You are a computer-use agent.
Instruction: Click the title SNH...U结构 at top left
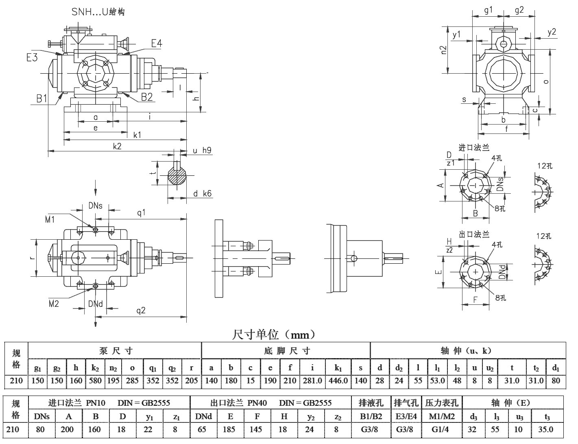98,11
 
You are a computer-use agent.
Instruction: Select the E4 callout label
157,43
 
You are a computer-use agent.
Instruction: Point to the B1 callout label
42,98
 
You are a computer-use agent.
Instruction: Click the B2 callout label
147,97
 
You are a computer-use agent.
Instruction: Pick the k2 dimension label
117,146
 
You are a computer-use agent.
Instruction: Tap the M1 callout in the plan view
50,220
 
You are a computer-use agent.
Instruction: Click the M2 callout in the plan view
54,304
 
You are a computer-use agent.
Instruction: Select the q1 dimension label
141,213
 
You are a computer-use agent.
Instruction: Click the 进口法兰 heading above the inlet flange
473,148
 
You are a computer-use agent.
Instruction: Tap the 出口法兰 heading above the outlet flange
474,234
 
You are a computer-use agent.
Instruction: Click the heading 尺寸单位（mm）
273,335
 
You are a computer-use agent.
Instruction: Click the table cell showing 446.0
338,381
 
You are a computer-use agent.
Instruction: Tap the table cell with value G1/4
442,429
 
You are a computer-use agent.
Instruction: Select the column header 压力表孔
442,403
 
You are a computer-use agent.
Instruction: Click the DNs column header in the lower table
42,416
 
